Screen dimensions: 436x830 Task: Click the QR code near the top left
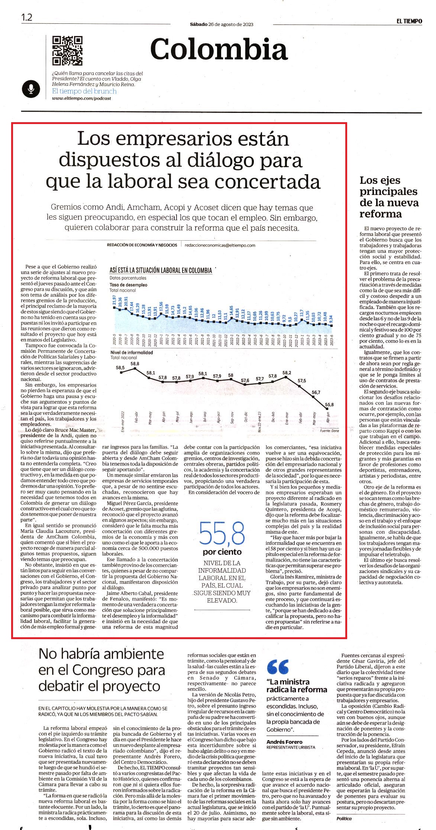[67, 51]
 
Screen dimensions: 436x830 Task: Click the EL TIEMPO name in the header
[409, 21]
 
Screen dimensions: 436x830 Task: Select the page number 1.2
[27, 17]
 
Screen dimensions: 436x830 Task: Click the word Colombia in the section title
[219, 49]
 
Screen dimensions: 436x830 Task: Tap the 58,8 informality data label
[135, 363]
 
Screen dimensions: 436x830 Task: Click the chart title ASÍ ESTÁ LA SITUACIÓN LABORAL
[161, 270]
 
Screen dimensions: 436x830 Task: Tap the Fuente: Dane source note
[329, 431]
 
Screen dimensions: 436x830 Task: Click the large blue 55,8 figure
[222, 533]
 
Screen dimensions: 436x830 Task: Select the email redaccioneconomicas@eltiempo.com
[220, 245]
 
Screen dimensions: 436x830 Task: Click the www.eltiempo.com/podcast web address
[81, 98]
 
